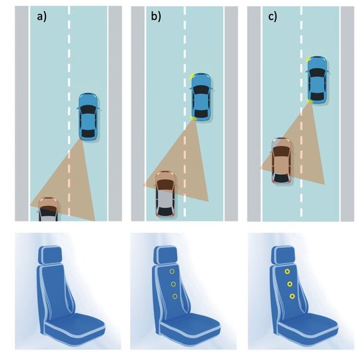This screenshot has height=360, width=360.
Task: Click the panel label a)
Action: coord(42,17)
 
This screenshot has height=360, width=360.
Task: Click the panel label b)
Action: coord(156,17)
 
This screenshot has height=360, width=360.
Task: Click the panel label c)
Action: coord(273,17)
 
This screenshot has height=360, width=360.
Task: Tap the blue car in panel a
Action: coord(89,117)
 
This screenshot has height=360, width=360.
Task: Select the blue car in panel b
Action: coord(201,97)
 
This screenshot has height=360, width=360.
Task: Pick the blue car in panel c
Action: coord(317,80)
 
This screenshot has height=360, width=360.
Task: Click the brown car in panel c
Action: coord(282,161)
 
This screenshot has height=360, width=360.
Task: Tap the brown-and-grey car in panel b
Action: coord(166,194)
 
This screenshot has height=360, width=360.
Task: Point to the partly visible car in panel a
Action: coord(48,209)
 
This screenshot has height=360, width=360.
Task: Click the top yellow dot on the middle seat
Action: coord(172,271)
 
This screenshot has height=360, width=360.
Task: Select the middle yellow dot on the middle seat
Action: coord(173,284)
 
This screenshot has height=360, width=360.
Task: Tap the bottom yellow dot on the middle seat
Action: coord(175,297)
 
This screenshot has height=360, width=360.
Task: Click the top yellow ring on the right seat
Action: coord(287,272)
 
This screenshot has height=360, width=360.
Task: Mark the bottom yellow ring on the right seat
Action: coord(292,297)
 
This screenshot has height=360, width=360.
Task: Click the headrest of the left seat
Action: coord(50,255)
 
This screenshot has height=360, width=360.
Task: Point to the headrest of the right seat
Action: coord(283,255)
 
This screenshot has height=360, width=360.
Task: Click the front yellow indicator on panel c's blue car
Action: coord(308,59)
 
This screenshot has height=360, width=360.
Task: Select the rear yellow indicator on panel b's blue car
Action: coord(193,118)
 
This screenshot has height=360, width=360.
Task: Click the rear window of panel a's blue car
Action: coord(89,133)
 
